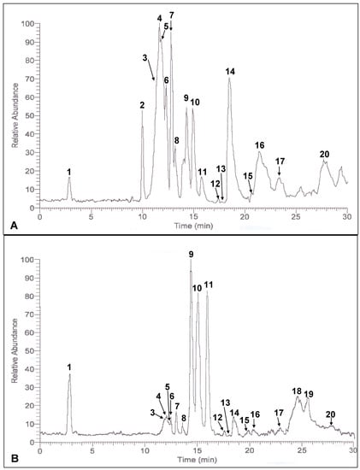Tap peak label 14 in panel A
click(x=229, y=71)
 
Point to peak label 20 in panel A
click(x=324, y=154)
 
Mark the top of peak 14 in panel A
click(x=229, y=79)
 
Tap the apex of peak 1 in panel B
click(x=70, y=373)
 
